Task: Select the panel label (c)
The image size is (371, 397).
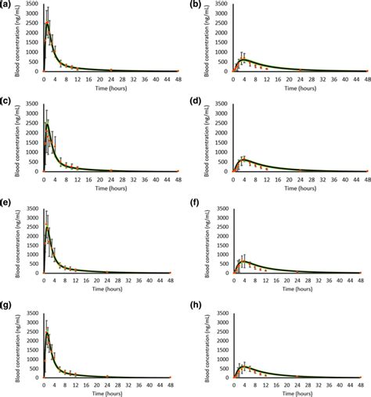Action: [x=6, y=103]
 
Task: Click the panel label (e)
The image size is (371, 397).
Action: [x=6, y=205]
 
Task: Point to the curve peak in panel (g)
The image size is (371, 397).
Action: [x=48, y=334]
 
